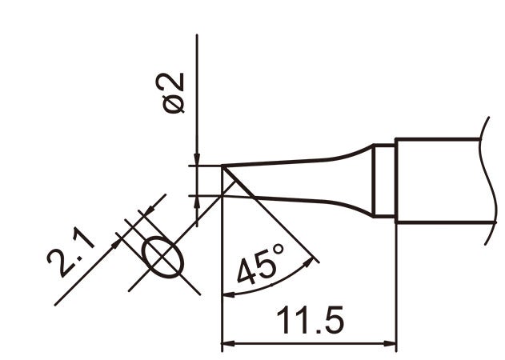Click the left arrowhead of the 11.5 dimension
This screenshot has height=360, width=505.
227,345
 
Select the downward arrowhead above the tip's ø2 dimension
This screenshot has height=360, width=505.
197,160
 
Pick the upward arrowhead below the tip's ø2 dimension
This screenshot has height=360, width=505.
197,202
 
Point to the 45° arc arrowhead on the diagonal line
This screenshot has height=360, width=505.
311,258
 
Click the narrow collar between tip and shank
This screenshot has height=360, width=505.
385,181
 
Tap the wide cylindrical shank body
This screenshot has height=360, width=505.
436,181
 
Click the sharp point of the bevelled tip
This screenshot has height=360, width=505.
222,166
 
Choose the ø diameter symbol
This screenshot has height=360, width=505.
174,106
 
